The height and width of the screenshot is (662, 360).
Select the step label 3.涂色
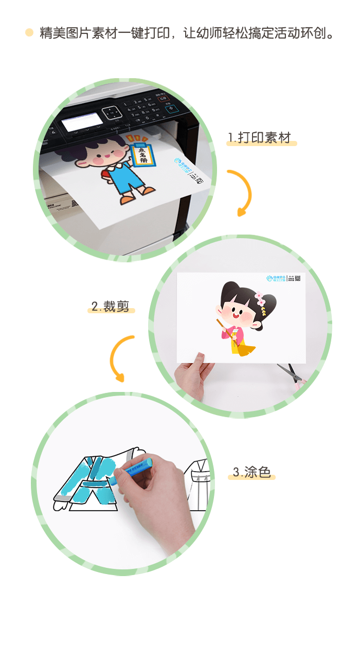point(251,472)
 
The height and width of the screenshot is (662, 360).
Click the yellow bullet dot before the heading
point(29,33)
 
